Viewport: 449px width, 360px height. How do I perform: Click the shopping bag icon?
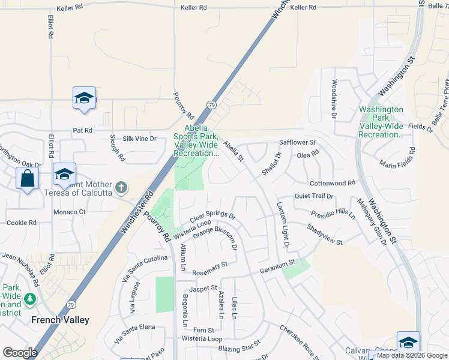click(x=27, y=179)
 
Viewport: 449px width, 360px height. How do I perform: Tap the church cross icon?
click(x=121, y=188)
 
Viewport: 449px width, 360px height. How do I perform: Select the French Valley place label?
click(x=60, y=320)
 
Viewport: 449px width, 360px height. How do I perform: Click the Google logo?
click(x=20, y=353)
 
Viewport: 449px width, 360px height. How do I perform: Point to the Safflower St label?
click(x=297, y=142)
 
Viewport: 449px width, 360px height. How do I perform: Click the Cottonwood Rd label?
click(x=333, y=183)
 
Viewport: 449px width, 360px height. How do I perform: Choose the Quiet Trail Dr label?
click(x=313, y=196)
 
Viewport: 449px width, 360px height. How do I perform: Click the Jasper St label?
click(x=205, y=288)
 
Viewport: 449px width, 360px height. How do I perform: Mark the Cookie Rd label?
click(x=22, y=223)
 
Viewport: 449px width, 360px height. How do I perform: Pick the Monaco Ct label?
click(x=70, y=212)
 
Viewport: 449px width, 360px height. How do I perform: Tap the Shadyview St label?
click(x=324, y=235)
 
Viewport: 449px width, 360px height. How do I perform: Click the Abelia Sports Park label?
click(x=195, y=140)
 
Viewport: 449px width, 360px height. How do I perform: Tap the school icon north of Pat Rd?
click(x=84, y=99)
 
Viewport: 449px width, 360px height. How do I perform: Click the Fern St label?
click(x=203, y=330)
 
